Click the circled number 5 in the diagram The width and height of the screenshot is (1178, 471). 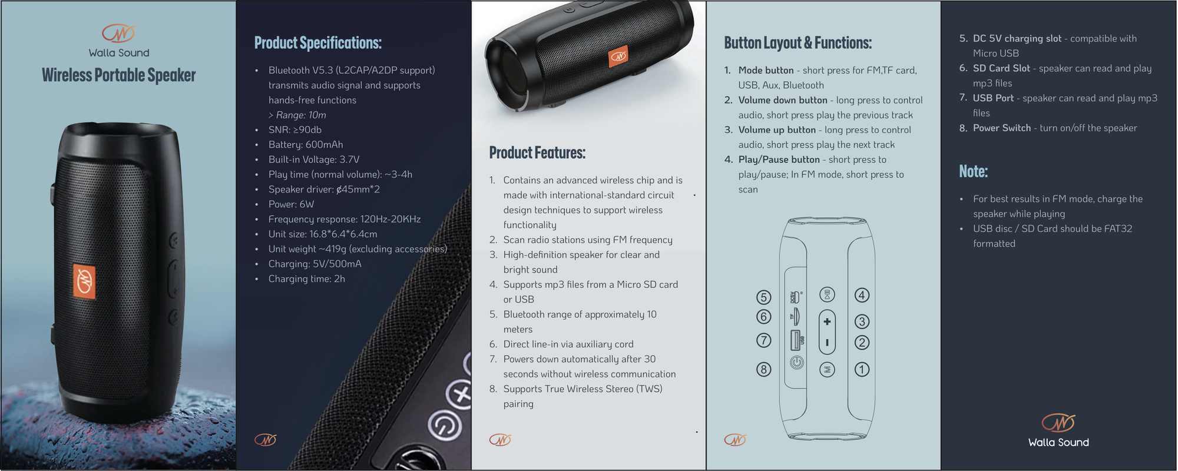coord(764,297)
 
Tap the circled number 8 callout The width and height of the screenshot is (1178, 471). coord(764,369)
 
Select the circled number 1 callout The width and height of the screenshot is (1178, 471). coord(862,369)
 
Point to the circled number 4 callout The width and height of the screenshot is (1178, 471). coord(862,295)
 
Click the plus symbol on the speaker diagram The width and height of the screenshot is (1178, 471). coord(827,321)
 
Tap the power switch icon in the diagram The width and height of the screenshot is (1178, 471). coord(797,362)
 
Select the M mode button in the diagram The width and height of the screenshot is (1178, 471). coord(827,369)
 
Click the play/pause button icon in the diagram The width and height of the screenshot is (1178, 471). coord(827,294)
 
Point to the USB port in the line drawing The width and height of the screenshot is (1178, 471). coord(796,340)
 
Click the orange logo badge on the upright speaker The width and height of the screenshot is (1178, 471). coord(84,281)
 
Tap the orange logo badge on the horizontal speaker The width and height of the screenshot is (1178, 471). coord(618,57)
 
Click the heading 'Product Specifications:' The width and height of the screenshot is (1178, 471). coord(318,43)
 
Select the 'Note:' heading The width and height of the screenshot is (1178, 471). coord(973,171)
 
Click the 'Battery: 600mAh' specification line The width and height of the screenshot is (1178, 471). coord(306,144)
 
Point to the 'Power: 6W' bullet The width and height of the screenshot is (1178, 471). coord(291,204)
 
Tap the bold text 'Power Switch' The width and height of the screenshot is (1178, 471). coord(1002,128)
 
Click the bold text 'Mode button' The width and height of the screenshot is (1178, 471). coord(766,70)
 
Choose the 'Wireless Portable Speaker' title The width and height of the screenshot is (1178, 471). coord(119,75)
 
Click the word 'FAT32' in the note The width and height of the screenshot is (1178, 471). coord(1118,228)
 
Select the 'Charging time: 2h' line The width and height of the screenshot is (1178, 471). coord(307,278)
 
